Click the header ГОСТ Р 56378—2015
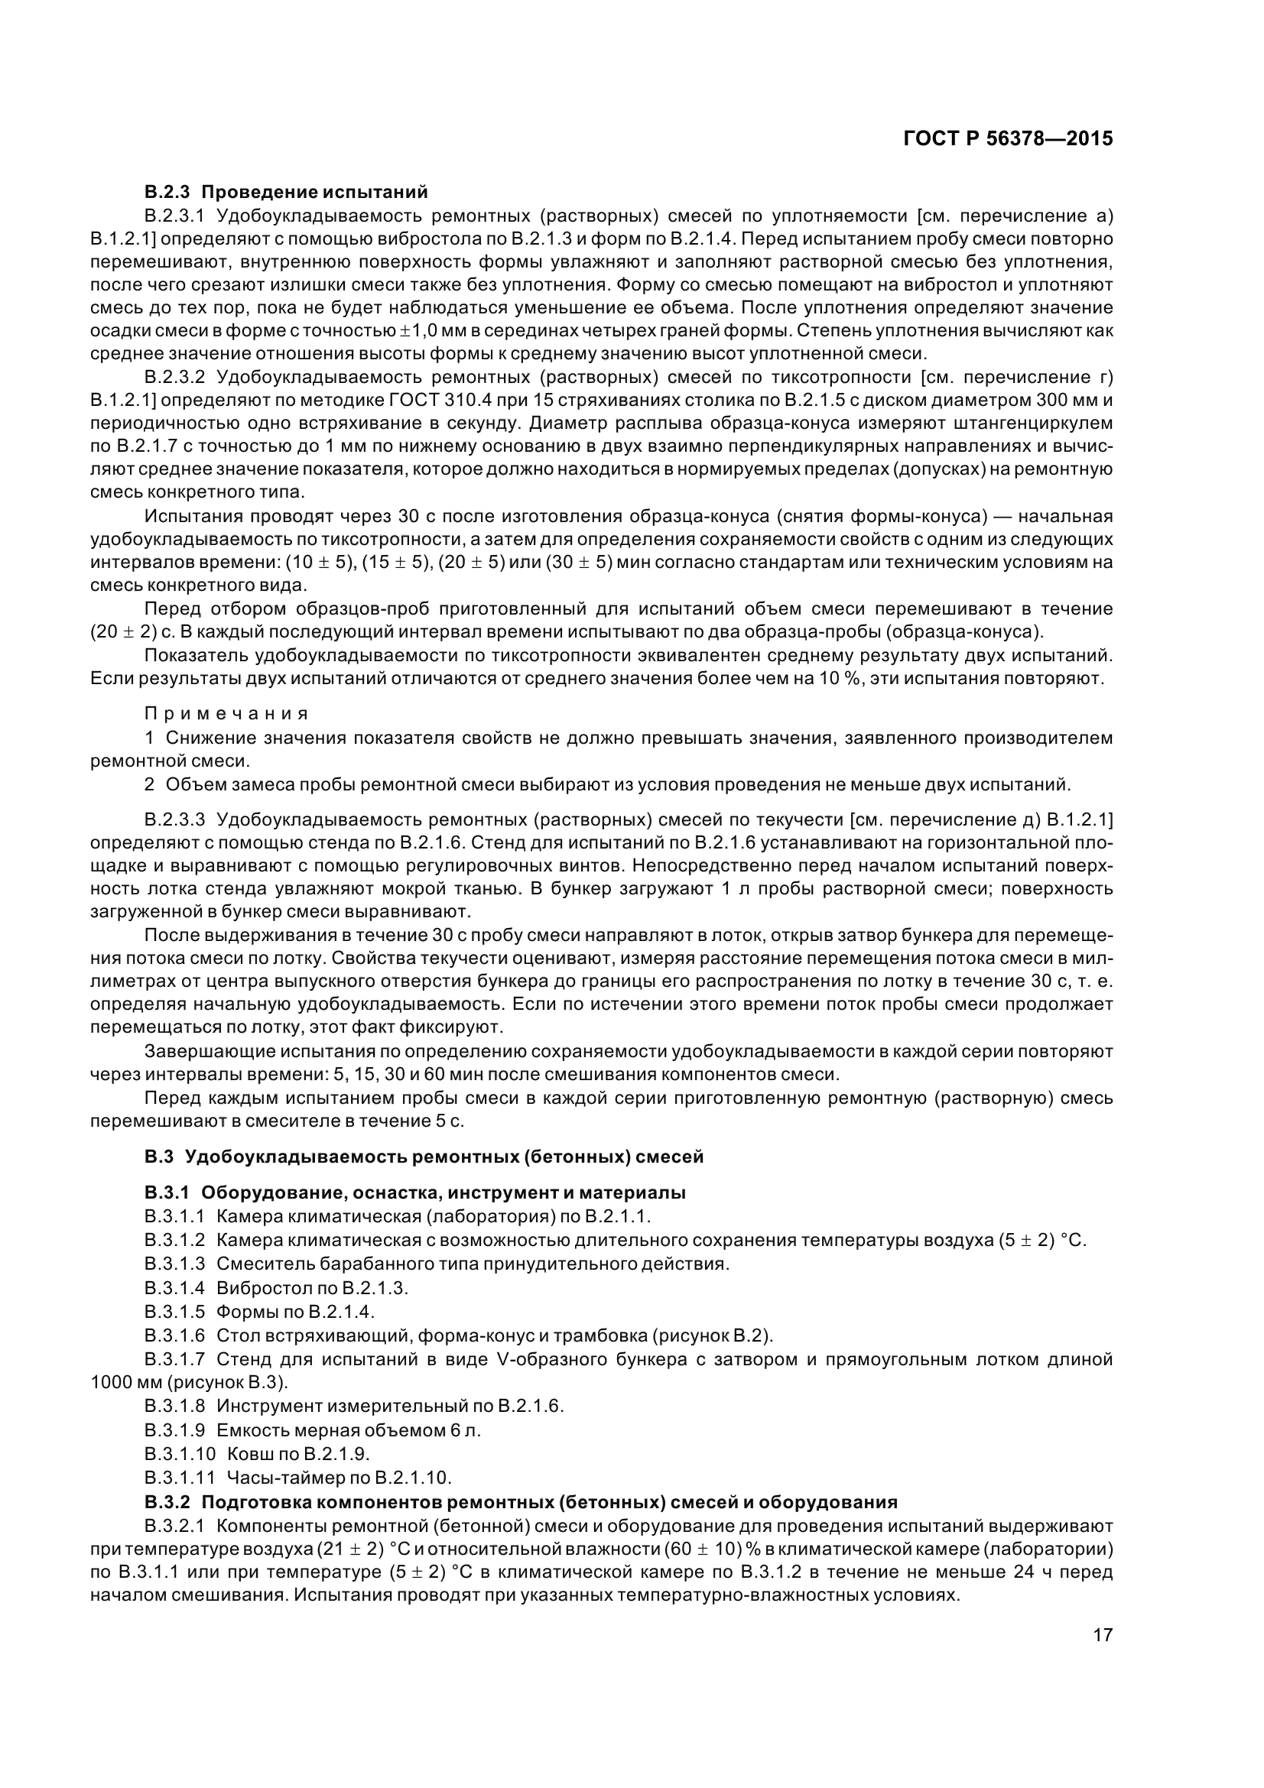(x=1008, y=139)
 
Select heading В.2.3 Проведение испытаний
(x=286, y=192)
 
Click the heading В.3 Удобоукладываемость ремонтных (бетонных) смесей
(x=424, y=1157)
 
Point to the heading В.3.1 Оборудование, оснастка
(x=414, y=1193)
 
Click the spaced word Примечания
(x=226, y=714)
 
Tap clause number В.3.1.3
(x=174, y=1263)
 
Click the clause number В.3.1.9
(x=174, y=1429)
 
